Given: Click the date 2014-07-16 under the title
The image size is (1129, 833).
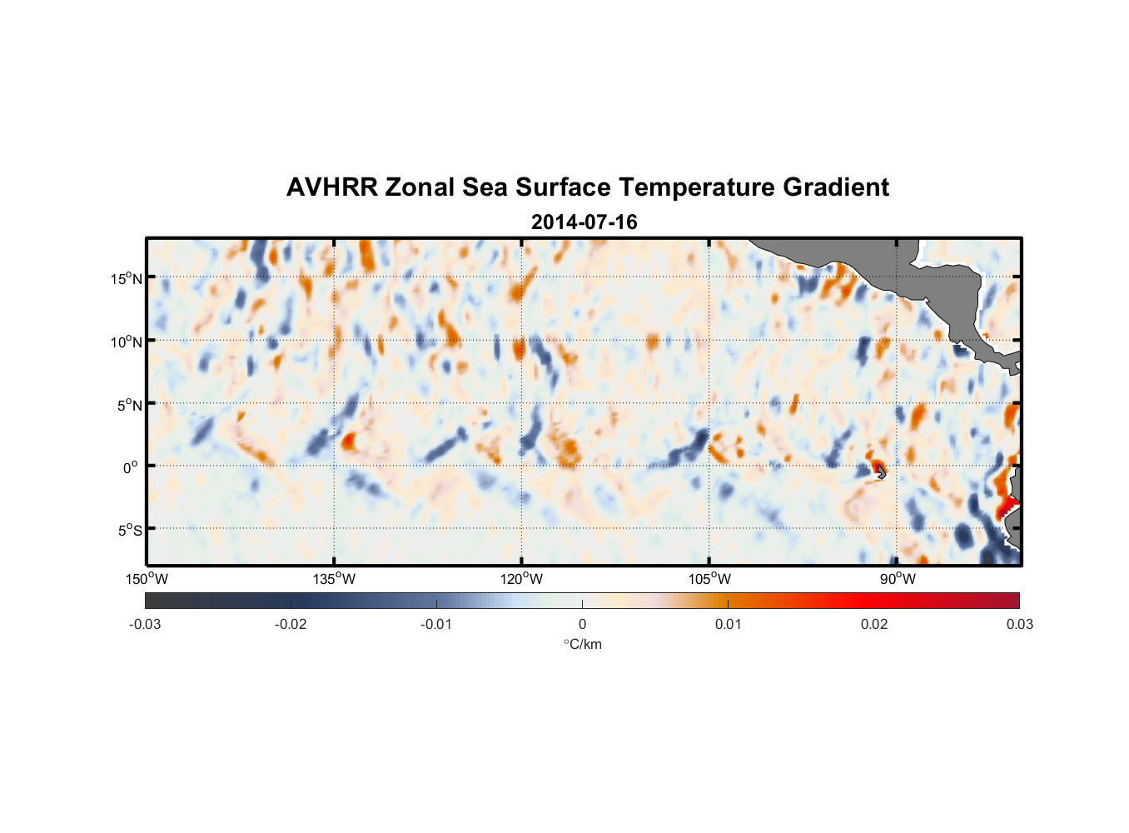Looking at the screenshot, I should [x=584, y=222].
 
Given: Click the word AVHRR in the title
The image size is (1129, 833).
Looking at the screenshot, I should [x=331, y=187].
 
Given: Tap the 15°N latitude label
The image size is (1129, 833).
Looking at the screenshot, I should [x=127, y=278].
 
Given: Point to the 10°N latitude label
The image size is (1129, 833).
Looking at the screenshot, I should [x=127, y=342].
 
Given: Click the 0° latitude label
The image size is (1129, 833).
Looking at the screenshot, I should [x=131, y=467].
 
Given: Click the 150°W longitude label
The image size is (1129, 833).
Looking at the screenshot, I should [x=147, y=579].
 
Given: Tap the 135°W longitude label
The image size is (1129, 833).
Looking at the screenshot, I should [x=334, y=579].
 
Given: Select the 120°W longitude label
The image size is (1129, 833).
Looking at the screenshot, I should [x=521, y=579].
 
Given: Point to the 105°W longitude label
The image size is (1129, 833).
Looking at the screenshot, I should [x=709, y=579].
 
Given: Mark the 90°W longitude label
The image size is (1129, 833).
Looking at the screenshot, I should [x=897, y=579].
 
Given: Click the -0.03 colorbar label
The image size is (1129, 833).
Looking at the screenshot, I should [x=145, y=624].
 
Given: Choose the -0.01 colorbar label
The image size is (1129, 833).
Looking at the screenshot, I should [x=436, y=624].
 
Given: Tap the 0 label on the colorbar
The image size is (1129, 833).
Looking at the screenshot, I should [x=582, y=624].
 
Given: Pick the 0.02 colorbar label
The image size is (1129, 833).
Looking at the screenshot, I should [x=874, y=624].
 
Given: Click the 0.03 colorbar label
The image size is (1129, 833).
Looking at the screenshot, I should [x=1019, y=624].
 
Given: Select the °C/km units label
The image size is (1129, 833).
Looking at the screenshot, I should [x=582, y=644].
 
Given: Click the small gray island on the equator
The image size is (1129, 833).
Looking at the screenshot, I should [x=880, y=471].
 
